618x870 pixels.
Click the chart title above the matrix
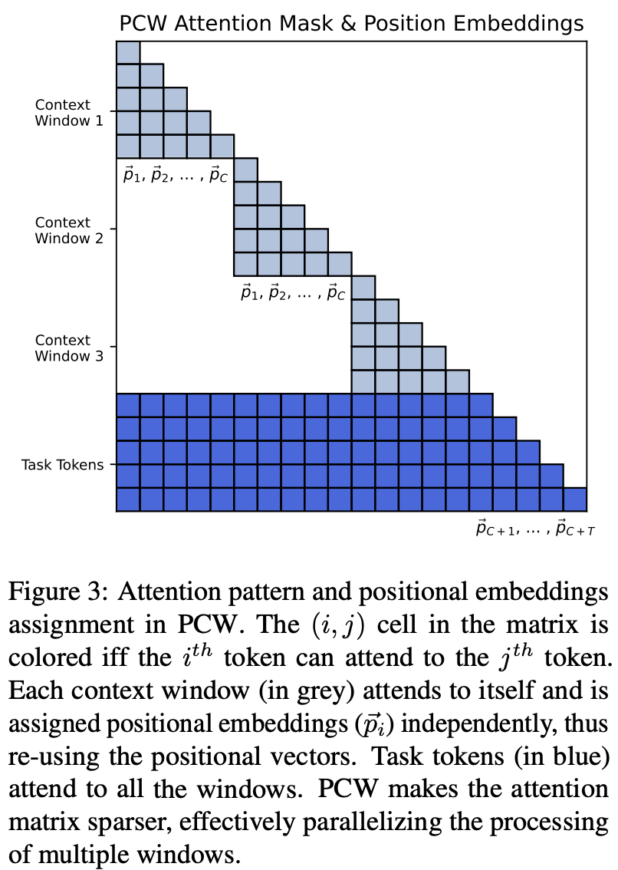(x=351, y=24)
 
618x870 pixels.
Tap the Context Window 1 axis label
(x=63, y=112)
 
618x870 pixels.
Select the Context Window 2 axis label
(x=63, y=229)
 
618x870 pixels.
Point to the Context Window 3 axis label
(x=63, y=347)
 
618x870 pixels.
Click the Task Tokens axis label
(x=63, y=465)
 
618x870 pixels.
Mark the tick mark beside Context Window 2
(x=113, y=229)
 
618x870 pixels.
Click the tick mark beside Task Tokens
(x=113, y=464)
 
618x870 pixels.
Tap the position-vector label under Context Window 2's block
(x=293, y=292)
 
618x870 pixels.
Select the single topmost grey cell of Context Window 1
(x=128, y=52)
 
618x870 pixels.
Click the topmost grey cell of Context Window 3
(x=363, y=288)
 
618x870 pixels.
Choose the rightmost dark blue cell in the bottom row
(x=575, y=499)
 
